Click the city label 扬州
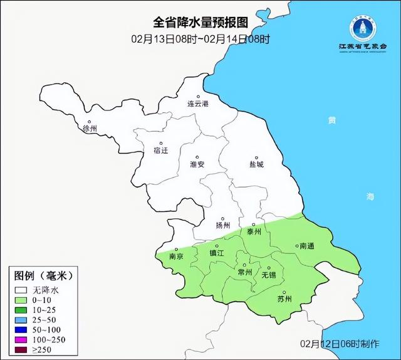tap(222, 225)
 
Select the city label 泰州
tap(254, 231)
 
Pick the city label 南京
tap(176, 257)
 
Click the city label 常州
tap(244, 272)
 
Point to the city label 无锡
tap(268, 275)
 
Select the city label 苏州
tap(284, 299)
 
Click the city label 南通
tap(307, 246)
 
